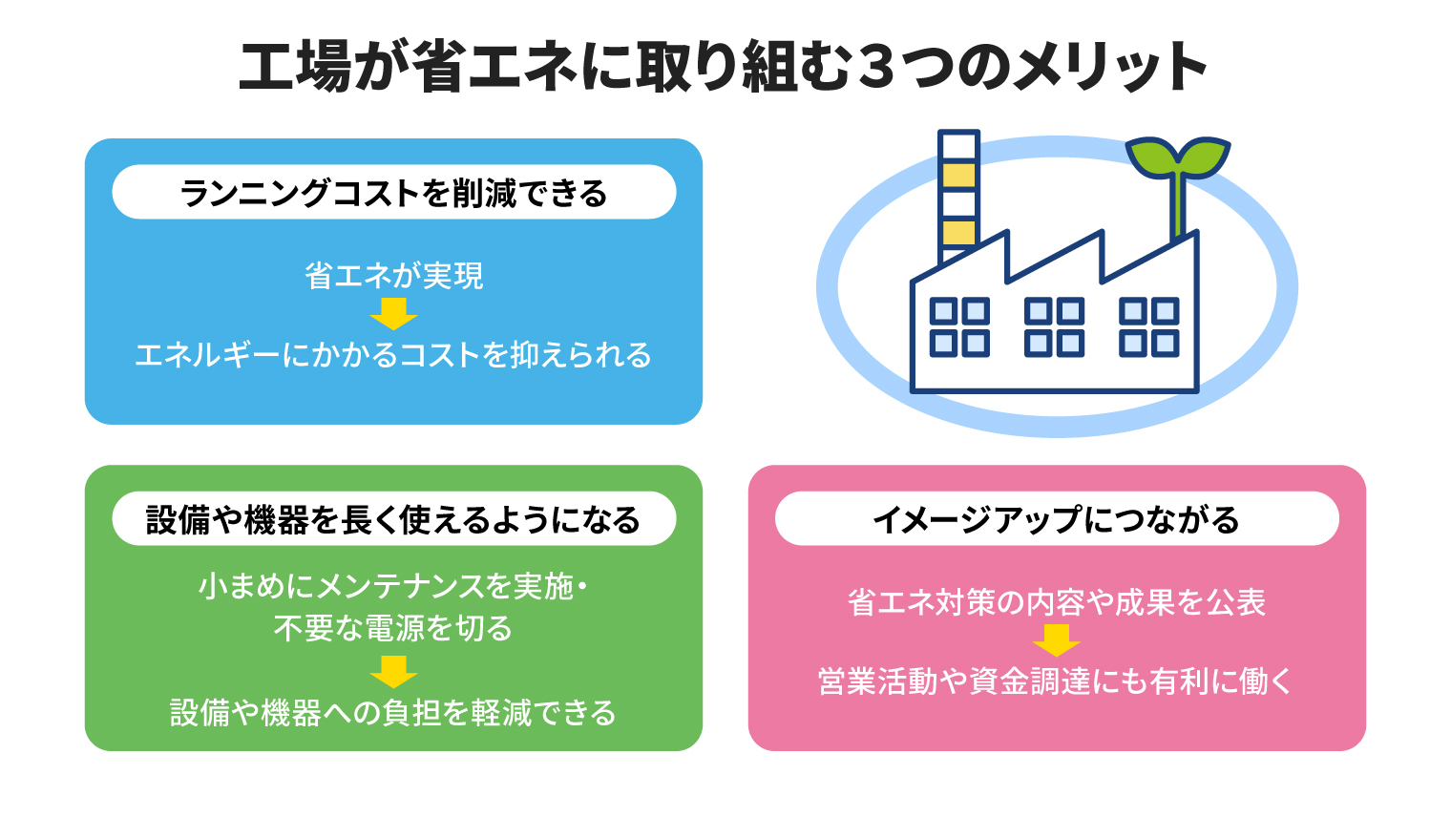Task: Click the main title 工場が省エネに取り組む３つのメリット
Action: pyautogui.click(x=723, y=68)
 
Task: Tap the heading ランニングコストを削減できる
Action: pyautogui.click(x=394, y=193)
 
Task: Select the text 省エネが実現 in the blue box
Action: pyautogui.click(x=394, y=276)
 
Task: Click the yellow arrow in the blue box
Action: pyautogui.click(x=394, y=314)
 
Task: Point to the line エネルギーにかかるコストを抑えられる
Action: pyautogui.click(x=393, y=354)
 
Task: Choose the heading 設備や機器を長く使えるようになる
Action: pyautogui.click(x=393, y=519)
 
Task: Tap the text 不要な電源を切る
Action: pyautogui.click(x=393, y=628)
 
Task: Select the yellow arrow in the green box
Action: pyautogui.click(x=394, y=672)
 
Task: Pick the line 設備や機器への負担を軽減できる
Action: pyautogui.click(x=393, y=713)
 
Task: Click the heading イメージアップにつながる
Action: pyautogui.click(x=1057, y=519)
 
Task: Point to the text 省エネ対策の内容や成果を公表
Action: pyautogui.click(x=1057, y=602)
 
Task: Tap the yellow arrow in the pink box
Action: pyautogui.click(x=1057, y=640)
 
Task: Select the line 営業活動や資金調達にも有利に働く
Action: pyautogui.click(x=1056, y=681)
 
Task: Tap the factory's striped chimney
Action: pyautogui.click(x=958, y=197)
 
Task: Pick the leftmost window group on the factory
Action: pyautogui.click(x=959, y=327)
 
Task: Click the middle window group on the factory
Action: pyautogui.click(x=1055, y=327)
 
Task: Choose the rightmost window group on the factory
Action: pyautogui.click(x=1149, y=327)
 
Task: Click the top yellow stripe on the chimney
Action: pyautogui.click(x=958, y=176)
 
